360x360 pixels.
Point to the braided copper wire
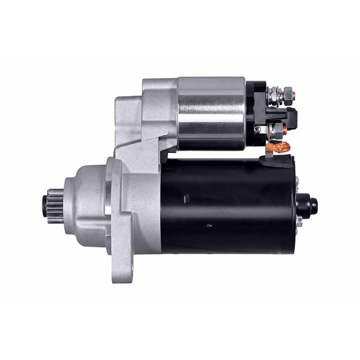tap(279, 146)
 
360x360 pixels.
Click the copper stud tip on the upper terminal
tap(293, 95)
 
